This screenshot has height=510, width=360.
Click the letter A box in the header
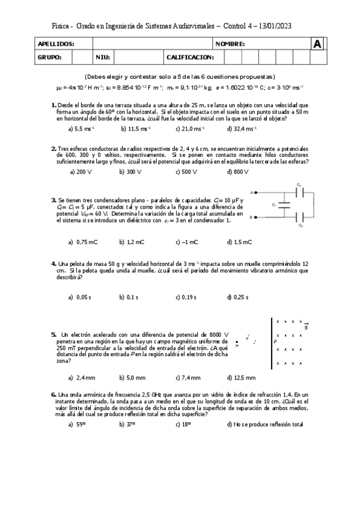[317, 44]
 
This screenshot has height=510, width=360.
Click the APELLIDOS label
[56, 45]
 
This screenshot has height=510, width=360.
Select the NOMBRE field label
[230, 45]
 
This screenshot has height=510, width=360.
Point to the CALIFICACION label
[190, 57]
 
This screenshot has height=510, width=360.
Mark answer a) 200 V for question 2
[81, 172]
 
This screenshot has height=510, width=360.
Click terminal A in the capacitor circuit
[252, 192]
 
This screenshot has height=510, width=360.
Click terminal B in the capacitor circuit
[252, 217]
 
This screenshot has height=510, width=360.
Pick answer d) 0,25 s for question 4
[239, 297]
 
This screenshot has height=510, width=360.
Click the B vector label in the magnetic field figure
[306, 327]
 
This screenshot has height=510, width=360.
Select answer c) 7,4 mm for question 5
[188, 378]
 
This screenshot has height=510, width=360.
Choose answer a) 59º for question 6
[77, 425]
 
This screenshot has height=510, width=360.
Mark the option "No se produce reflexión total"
[265, 425]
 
